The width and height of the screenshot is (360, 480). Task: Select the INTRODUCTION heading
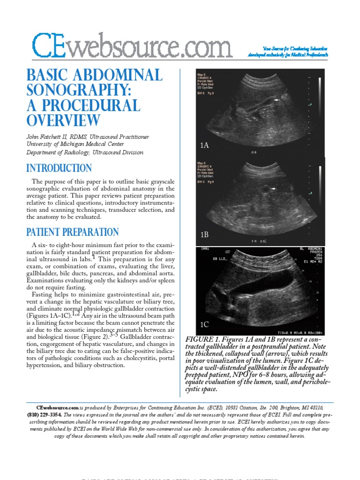[59, 168]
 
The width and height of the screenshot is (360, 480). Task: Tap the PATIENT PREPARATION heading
[72, 232]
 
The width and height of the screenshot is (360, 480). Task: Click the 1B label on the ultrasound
[204, 234]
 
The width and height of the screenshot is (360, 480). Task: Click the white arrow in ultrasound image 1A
[278, 100]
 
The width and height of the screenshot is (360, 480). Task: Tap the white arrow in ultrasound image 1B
[273, 188]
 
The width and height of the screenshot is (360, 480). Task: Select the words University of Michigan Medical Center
[75, 144]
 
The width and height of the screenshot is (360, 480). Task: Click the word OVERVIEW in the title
[63, 121]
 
